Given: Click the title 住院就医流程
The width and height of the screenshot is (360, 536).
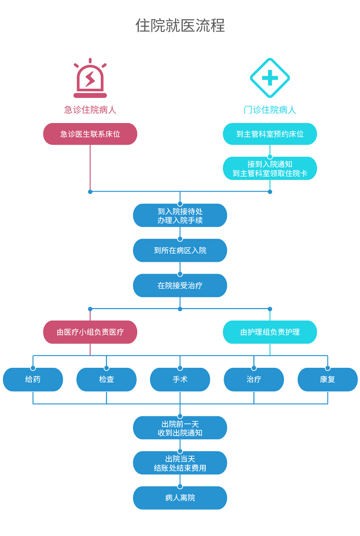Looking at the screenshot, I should click(x=180, y=26).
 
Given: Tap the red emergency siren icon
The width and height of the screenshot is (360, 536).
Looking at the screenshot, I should click(x=90, y=79).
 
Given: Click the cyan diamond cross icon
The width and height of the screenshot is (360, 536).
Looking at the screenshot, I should click(x=270, y=78).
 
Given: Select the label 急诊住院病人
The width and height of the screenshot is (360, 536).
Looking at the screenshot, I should click(x=90, y=110).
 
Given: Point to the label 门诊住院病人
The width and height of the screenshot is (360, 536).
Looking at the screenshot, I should click(x=270, y=110).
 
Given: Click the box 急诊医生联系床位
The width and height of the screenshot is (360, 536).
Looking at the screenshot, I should click(x=90, y=134).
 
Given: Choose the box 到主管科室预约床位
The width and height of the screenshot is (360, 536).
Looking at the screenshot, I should click(x=270, y=134).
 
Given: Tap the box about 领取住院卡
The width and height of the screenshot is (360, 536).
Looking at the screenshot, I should click(x=270, y=169).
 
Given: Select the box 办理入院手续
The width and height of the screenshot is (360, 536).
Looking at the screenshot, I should click(x=180, y=215).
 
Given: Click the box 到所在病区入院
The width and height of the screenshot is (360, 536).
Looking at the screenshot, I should click(x=180, y=251).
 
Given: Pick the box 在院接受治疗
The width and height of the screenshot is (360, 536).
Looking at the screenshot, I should click(x=180, y=286).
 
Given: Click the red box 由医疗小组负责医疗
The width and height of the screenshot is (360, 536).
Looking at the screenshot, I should click(x=90, y=332).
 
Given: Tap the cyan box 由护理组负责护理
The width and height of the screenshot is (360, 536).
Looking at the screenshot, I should click(x=270, y=332).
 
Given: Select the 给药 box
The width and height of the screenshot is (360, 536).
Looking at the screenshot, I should click(x=33, y=380).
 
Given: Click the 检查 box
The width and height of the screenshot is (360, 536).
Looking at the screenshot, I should click(x=106, y=380).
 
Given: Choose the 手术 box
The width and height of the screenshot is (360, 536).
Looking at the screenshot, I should click(x=180, y=380).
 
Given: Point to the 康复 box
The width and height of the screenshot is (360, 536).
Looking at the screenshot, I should click(x=327, y=380).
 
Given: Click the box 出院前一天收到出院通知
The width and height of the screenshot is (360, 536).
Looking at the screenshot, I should click(x=180, y=428).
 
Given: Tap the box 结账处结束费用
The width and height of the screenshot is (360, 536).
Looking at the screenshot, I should click(x=180, y=463).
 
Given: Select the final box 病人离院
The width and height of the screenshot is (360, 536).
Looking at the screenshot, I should click(x=180, y=498).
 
